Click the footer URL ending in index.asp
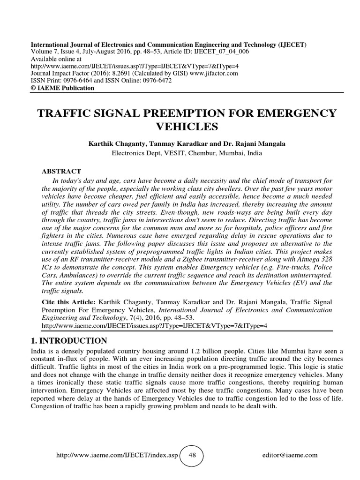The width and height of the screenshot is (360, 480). pos(117,455)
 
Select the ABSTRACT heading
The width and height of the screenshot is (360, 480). pos(62,172)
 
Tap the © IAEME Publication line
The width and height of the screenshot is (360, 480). pos(62,88)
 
